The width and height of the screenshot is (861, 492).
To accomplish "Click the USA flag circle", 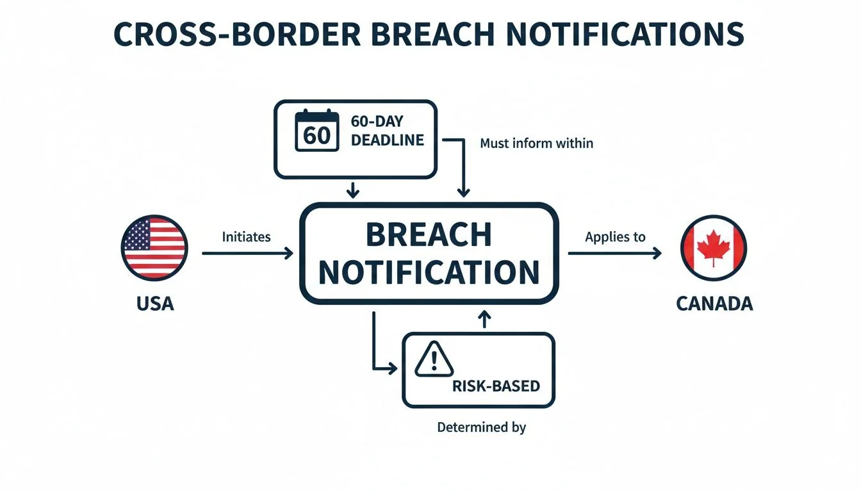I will pyautogui.click(x=154, y=248).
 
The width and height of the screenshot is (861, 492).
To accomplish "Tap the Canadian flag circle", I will pyautogui.click(x=714, y=248).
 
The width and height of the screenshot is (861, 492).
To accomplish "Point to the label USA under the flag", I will pyautogui.click(x=155, y=303).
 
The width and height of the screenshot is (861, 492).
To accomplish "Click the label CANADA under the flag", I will pyautogui.click(x=714, y=303).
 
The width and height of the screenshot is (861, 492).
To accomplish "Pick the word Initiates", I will pyautogui.click(x=246, y=237).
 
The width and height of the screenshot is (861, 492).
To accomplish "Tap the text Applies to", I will pyautogui.click(x=615, y=237).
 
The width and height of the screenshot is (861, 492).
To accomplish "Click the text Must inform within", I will pyautogui.click(x=536, y=143).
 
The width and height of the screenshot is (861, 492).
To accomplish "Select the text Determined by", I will pyautogui.click(x=481, y=427).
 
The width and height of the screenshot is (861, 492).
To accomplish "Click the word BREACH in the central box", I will pyautogui.click(x=428, y=236).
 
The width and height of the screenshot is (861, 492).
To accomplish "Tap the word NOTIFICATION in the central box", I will pyautogui.click(x=428, y=272).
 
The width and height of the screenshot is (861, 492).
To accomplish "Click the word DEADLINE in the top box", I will pyautogui.click(x=388, y=140).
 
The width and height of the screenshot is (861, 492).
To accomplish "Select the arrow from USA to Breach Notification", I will pyautogui.click(x=247, y=254).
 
